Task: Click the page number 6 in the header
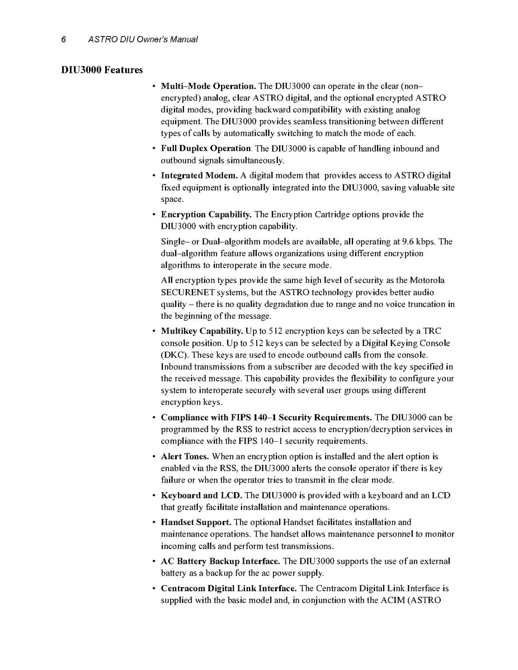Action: click(64, 39)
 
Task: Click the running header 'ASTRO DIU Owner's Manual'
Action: click(143, 39)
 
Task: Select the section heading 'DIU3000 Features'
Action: click(102, 70)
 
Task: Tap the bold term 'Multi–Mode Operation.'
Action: click(209, 87)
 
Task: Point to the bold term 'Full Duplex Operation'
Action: click(206, 149)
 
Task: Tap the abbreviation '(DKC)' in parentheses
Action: click(173, 355)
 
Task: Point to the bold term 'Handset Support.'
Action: click(196, 522)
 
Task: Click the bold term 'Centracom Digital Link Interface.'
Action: click(229, 588)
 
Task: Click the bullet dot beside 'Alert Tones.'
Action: click(154, 456)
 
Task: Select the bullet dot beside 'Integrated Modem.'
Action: click(154, 176)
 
